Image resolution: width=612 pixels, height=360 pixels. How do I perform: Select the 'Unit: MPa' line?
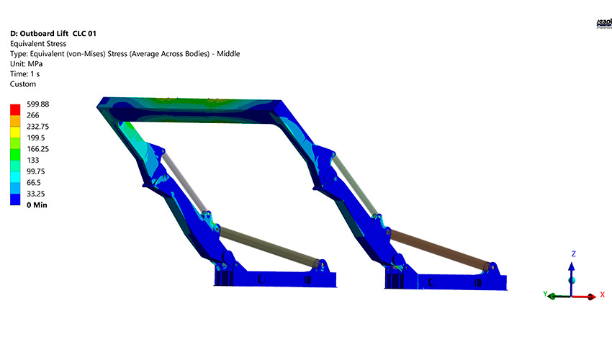[x=26, y=64]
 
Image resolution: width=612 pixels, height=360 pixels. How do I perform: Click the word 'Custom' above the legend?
[x=23, y=84]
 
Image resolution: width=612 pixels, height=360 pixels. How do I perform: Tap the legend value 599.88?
[x=37, y=104]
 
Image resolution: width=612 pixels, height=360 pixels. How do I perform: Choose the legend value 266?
[x=33, y=115]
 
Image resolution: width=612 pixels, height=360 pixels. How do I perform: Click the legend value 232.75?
[x=37, y=126]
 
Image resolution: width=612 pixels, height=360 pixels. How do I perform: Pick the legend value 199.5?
[x=35, y=138]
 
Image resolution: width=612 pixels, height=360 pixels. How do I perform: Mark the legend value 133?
[x=33, y=160]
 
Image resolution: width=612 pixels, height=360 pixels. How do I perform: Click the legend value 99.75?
[x=36, y=171]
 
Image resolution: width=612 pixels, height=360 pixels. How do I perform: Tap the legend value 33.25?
[x=36, y=194]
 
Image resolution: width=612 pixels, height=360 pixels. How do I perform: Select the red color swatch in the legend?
[x=15, y=109]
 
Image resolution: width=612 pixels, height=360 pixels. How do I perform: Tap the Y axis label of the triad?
[x=545, y=294]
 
